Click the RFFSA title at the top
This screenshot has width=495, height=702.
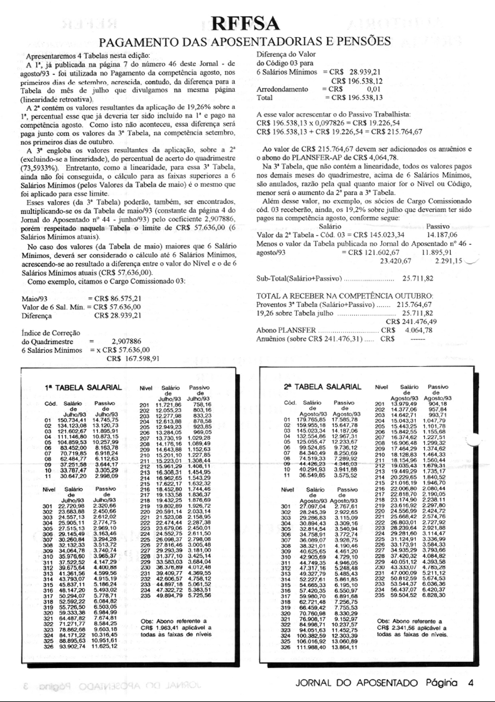coord(247,23)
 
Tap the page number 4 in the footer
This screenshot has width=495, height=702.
coord(470,682)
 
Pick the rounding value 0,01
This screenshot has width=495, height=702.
coord(374,89)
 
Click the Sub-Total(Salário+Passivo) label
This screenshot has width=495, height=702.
coord(300,279)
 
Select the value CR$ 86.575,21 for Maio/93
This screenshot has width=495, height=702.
coord(120,299)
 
